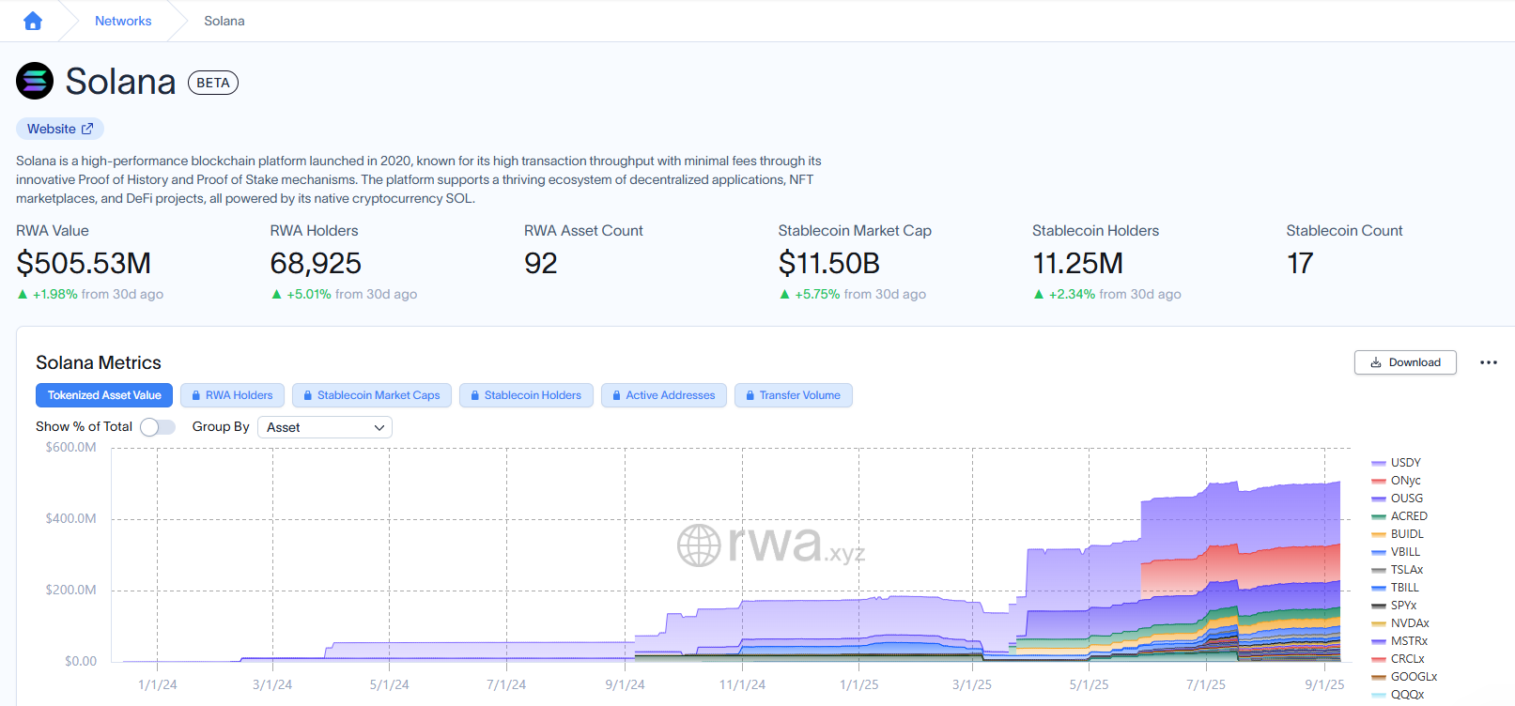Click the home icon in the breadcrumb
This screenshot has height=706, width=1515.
click(x=33, y=21)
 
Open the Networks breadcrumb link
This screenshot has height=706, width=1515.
click(x=123, y=21)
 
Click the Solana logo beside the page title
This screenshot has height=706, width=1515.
click(x=35, y=81)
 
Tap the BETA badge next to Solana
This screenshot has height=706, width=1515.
click(x=213, y=83)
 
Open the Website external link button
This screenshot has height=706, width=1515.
click(x=59, y=129)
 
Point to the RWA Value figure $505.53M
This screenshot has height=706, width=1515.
click(x=84, y=263)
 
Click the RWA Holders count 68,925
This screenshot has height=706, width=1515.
click(x=316, y=263)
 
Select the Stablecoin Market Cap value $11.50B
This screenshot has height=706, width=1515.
click(x=828, y=263)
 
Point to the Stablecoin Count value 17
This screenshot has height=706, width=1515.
click(x=1299, y=263)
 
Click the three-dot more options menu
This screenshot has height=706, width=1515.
click(x=1488, y=362)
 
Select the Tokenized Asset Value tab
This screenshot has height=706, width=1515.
click(x=104, y=395)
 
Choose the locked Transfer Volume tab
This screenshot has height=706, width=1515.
click(x=793, y=395)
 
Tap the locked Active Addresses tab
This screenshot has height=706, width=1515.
click(x=663, y=395)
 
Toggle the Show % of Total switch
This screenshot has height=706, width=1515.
click(x=157, y=427)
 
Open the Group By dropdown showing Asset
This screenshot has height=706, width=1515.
click(x=325, y=427)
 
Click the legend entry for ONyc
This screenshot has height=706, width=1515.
click(x=1396, y=480)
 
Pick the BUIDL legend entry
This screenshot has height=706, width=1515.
click(x=1398, y=533)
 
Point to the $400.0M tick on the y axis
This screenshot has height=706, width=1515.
click(x=71, y=518)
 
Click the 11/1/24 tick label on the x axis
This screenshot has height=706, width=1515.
click(x=742, y=684)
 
